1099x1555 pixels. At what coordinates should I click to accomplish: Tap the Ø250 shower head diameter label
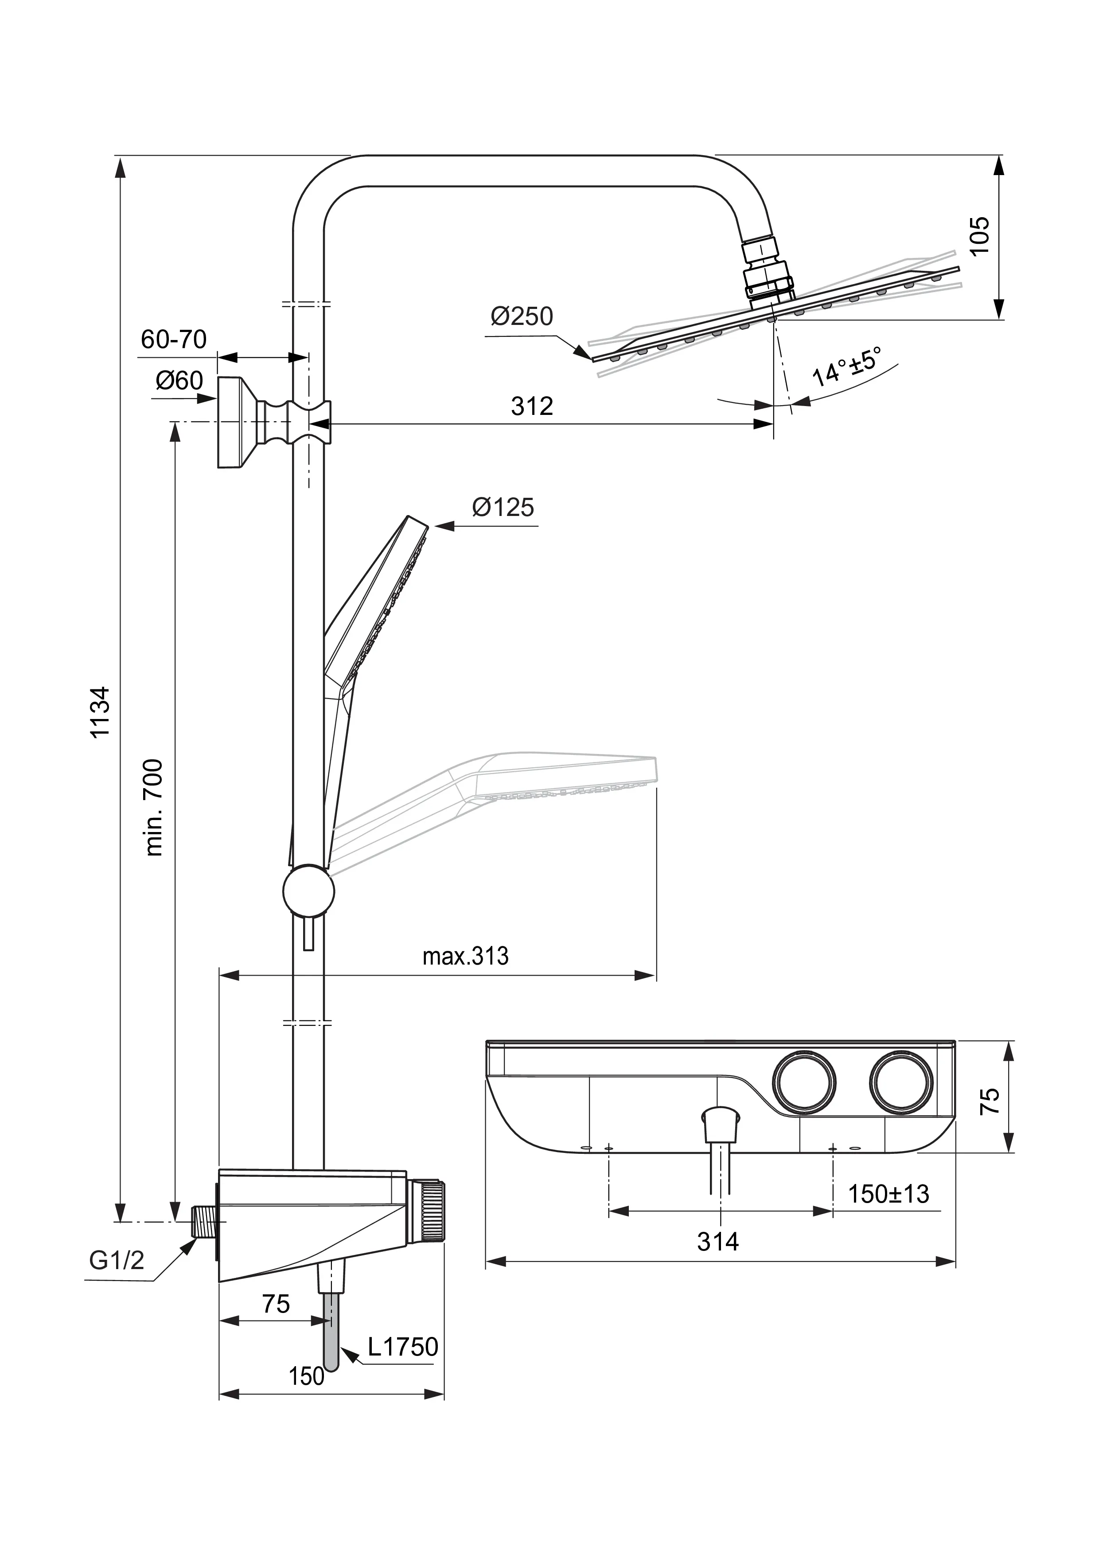tap(522, 316)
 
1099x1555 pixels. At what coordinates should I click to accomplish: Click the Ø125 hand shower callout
tap(503, 507)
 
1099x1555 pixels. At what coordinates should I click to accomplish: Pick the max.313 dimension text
tap(465, 956)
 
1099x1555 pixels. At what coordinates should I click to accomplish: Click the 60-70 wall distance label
tap(174, 339)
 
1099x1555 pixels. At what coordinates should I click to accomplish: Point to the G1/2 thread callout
tap(117, 1260)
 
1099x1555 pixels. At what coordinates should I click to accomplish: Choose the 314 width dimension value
tap(718, 1242)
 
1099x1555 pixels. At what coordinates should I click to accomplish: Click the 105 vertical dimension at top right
tap(980, 235)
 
